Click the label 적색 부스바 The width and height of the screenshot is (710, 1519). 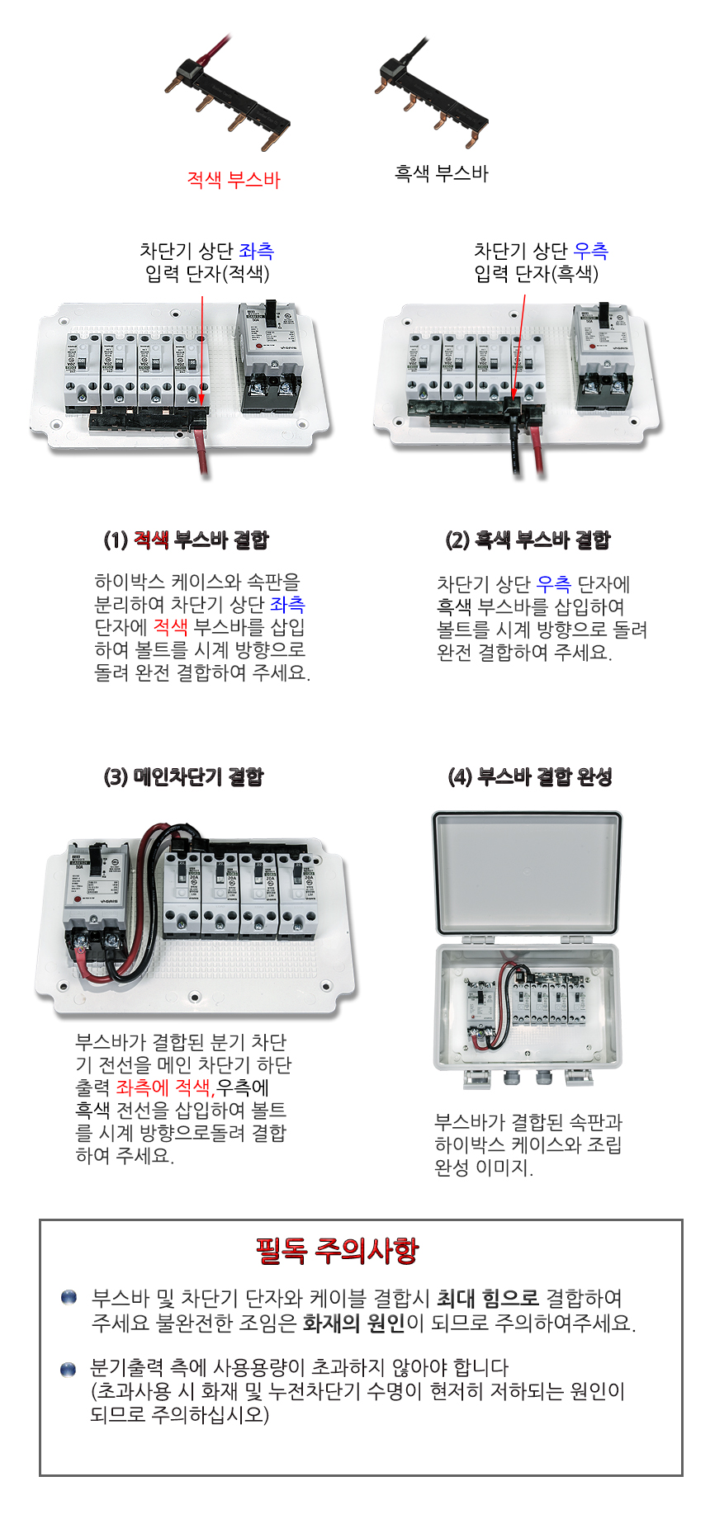coord(234,180)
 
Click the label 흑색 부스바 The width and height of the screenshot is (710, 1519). coord(442,173)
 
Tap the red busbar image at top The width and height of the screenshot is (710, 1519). coord(231,99)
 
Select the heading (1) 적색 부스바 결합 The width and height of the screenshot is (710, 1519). coord(187,540)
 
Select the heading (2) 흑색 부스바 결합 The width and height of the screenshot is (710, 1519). coord(528,540)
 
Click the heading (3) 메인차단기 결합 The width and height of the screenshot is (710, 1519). coord(183,777)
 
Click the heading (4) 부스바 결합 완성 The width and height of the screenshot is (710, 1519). coord(530,777)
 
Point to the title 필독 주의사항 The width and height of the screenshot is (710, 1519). coord(337,1251)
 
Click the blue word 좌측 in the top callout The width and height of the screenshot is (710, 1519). coord(256,251)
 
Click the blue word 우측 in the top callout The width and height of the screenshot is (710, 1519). coord(590,251)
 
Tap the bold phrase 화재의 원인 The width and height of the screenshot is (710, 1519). coord(354,1323)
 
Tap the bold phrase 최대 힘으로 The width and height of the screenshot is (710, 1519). coord(487,1299)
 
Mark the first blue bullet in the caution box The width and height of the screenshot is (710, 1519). coord(69,1297)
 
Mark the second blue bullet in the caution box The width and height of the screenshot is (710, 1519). coord(69,1370)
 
